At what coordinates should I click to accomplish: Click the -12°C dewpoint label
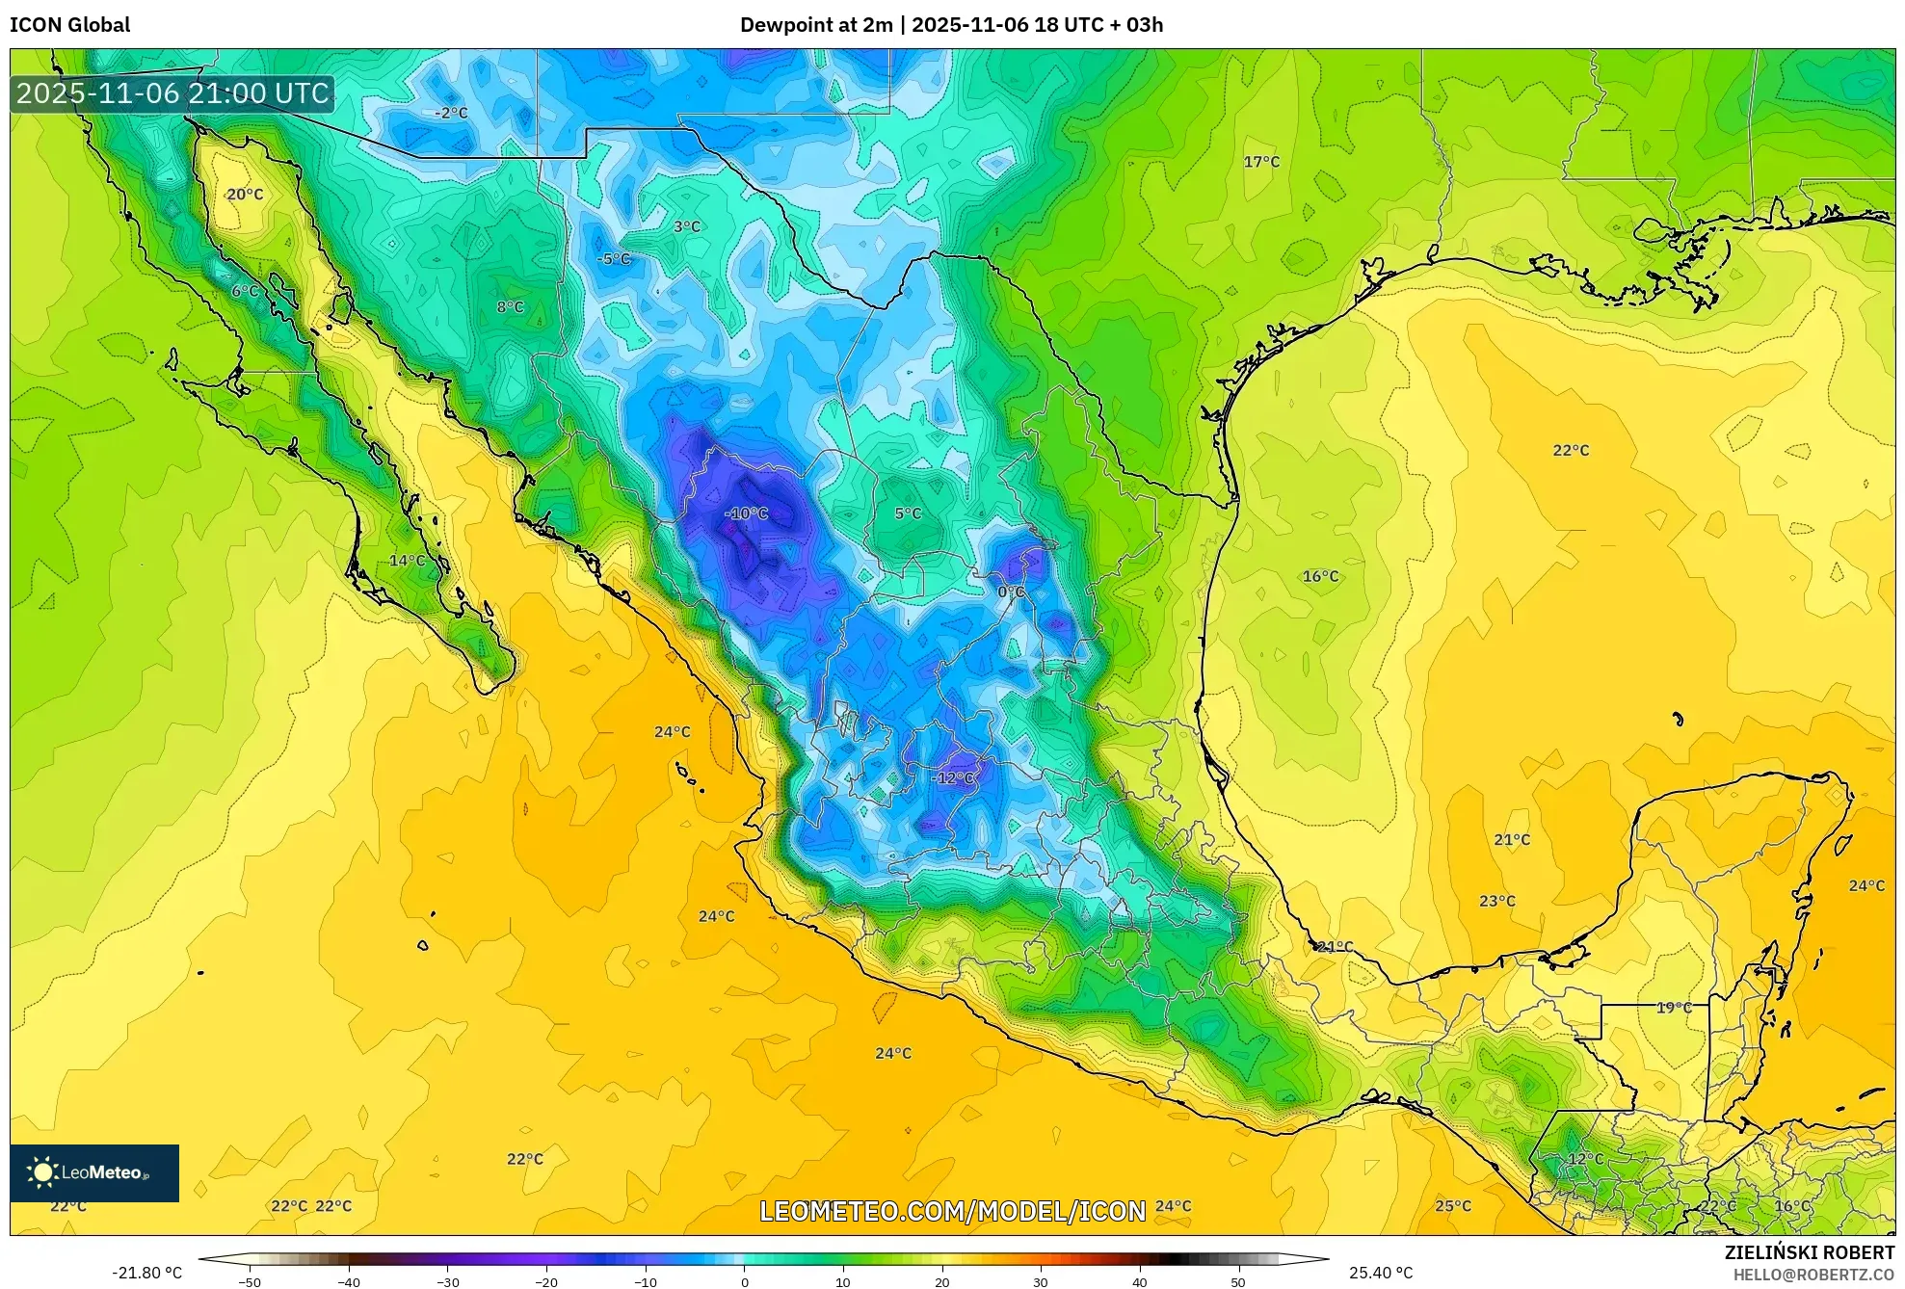click(x=954, y=777)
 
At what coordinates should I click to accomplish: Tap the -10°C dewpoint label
click(x=747, y=513)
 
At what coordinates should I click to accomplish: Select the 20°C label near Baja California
click(x=245, y=194)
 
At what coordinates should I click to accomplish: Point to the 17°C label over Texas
click(x=1261, y=162)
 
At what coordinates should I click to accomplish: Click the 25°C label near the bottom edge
click(x=1453, y=1205)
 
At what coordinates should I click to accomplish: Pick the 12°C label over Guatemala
click(x=1585, y=1158)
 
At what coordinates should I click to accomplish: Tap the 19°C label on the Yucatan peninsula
click(x=1674, y=1008)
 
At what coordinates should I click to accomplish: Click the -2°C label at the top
click(x=451, y=113)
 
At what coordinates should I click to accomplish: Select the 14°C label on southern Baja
click(x=407, y=560)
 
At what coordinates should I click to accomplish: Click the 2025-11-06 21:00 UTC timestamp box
click(x=172, y=93)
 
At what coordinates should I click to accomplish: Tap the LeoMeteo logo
click(x=94, y=1172)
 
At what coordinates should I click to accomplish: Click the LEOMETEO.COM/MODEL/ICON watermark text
click(x=952, y=1211)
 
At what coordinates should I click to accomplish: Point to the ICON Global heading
click(x=70, y=25)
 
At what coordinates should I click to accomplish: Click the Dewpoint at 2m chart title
click(x=951, y=25)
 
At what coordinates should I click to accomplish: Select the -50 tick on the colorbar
click(x=250, y=1282)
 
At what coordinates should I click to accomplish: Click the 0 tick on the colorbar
click(x=744, y=1282)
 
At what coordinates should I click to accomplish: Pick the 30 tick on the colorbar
click(x=1041, y=1282)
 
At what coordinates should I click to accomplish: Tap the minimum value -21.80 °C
click(x=146, y=1273)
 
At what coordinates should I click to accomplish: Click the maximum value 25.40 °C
click(x=1380, y=1273)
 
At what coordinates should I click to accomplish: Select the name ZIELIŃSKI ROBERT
click(x=1809, y=1252)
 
